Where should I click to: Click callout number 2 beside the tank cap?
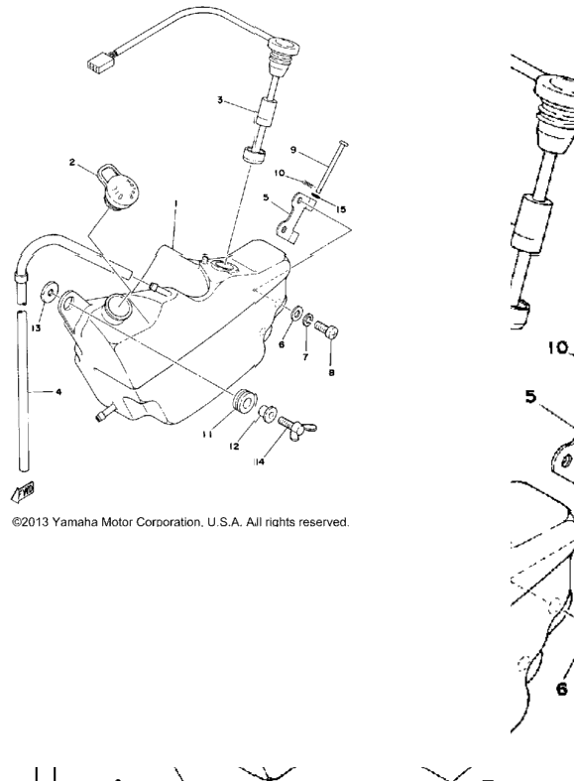[x=72, y=163]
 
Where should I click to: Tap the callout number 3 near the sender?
[x=220, y=100]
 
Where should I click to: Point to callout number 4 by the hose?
[x=58, y=392]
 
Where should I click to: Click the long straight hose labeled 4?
[x=23, y=391]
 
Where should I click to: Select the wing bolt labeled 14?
[x=297, y=425]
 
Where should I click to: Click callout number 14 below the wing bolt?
[x=259, y=461]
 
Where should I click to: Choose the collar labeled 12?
[x=268, y=413]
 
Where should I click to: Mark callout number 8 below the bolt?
[x=332, y=372]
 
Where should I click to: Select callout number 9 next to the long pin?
[x=293, y=150]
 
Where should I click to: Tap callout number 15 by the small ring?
[x=341, y=209]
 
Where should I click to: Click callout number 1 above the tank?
[x=175, y=202]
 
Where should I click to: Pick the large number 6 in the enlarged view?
[x=561, y=690]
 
